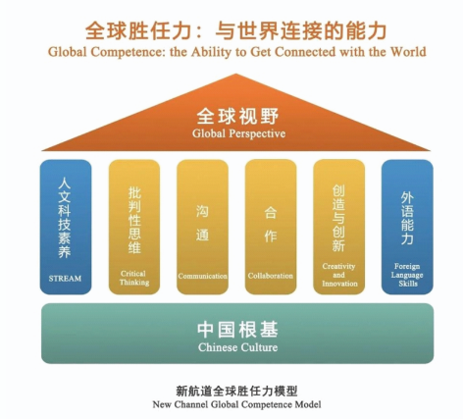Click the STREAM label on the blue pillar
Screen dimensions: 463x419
click(65, 279)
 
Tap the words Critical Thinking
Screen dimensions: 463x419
click(134, 278)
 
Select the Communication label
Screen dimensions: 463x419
click(202, 276)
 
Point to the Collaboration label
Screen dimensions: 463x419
click(271, 276)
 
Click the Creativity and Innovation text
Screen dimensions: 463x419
click(339, 275)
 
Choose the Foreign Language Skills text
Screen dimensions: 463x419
click(407, 275)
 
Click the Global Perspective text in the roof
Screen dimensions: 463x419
click(238, 133)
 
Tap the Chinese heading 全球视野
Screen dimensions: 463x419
click(237, 116)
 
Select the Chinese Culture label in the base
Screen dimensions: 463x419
click(237, 347)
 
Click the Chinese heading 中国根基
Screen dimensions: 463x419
click(237, 330)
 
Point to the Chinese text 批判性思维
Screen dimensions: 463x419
click(134, 220)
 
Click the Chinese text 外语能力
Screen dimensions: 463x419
click(407, 218)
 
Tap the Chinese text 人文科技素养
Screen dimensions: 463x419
click(65, 218)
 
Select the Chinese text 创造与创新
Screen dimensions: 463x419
click(338, 219)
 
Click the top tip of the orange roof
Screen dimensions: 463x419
click(236, 74)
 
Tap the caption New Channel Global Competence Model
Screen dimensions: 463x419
click(236, 404)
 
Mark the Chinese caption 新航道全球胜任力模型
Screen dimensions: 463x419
click(236, 391)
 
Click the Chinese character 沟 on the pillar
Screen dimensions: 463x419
click(202, 211)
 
